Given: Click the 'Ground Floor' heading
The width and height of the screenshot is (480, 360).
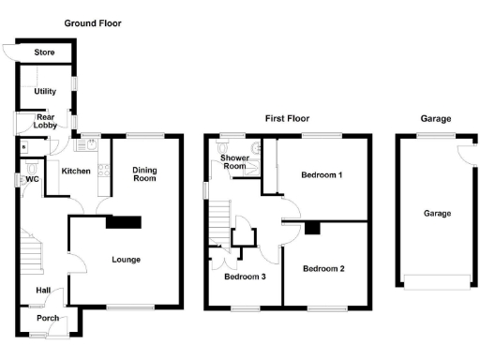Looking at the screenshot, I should (x=92, y=22).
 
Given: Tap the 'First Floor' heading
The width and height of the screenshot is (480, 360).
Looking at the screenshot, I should (x=287, y=119).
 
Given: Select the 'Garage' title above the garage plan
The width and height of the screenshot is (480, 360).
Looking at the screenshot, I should (x=436, y=119).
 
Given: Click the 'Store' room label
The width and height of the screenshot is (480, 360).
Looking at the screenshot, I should (x=45, y=53).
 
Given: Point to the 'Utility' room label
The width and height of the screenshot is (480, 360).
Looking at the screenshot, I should (x=45, y=91).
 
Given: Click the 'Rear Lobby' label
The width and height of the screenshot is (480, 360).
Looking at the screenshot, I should (x=45, y=121).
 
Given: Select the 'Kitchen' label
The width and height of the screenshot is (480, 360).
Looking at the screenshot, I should (x=75, y=172).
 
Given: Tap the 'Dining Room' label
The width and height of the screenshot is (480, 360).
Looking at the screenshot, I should (x=143, y=173).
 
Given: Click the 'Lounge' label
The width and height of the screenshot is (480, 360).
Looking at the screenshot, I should (x=126, y=260).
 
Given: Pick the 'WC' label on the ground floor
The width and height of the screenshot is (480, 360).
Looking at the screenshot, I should (x=32, y=179).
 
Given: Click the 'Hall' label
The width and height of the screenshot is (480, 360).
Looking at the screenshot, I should (x=44, y=291).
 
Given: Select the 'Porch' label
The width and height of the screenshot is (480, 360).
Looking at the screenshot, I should (x=47, y=319).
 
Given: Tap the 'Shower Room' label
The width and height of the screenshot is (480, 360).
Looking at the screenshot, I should (x=234, y=161).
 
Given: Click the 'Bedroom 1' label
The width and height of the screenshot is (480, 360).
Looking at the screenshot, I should (x=322, y=175).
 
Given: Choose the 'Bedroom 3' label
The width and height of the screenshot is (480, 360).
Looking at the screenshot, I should (x=244, y=277).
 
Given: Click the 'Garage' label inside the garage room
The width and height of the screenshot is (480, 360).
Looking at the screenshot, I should (x=437, y=214).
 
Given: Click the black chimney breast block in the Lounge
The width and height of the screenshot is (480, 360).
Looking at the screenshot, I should (x=123, y=222).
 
